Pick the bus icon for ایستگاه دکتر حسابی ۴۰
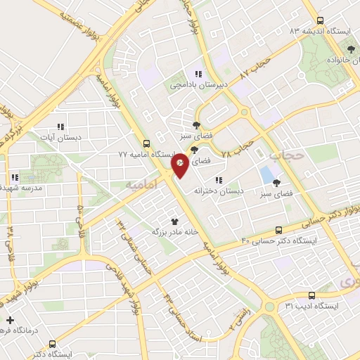(279, 230)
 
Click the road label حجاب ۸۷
(255, 67)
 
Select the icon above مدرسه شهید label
(14, 178)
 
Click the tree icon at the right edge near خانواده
(350, 49)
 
